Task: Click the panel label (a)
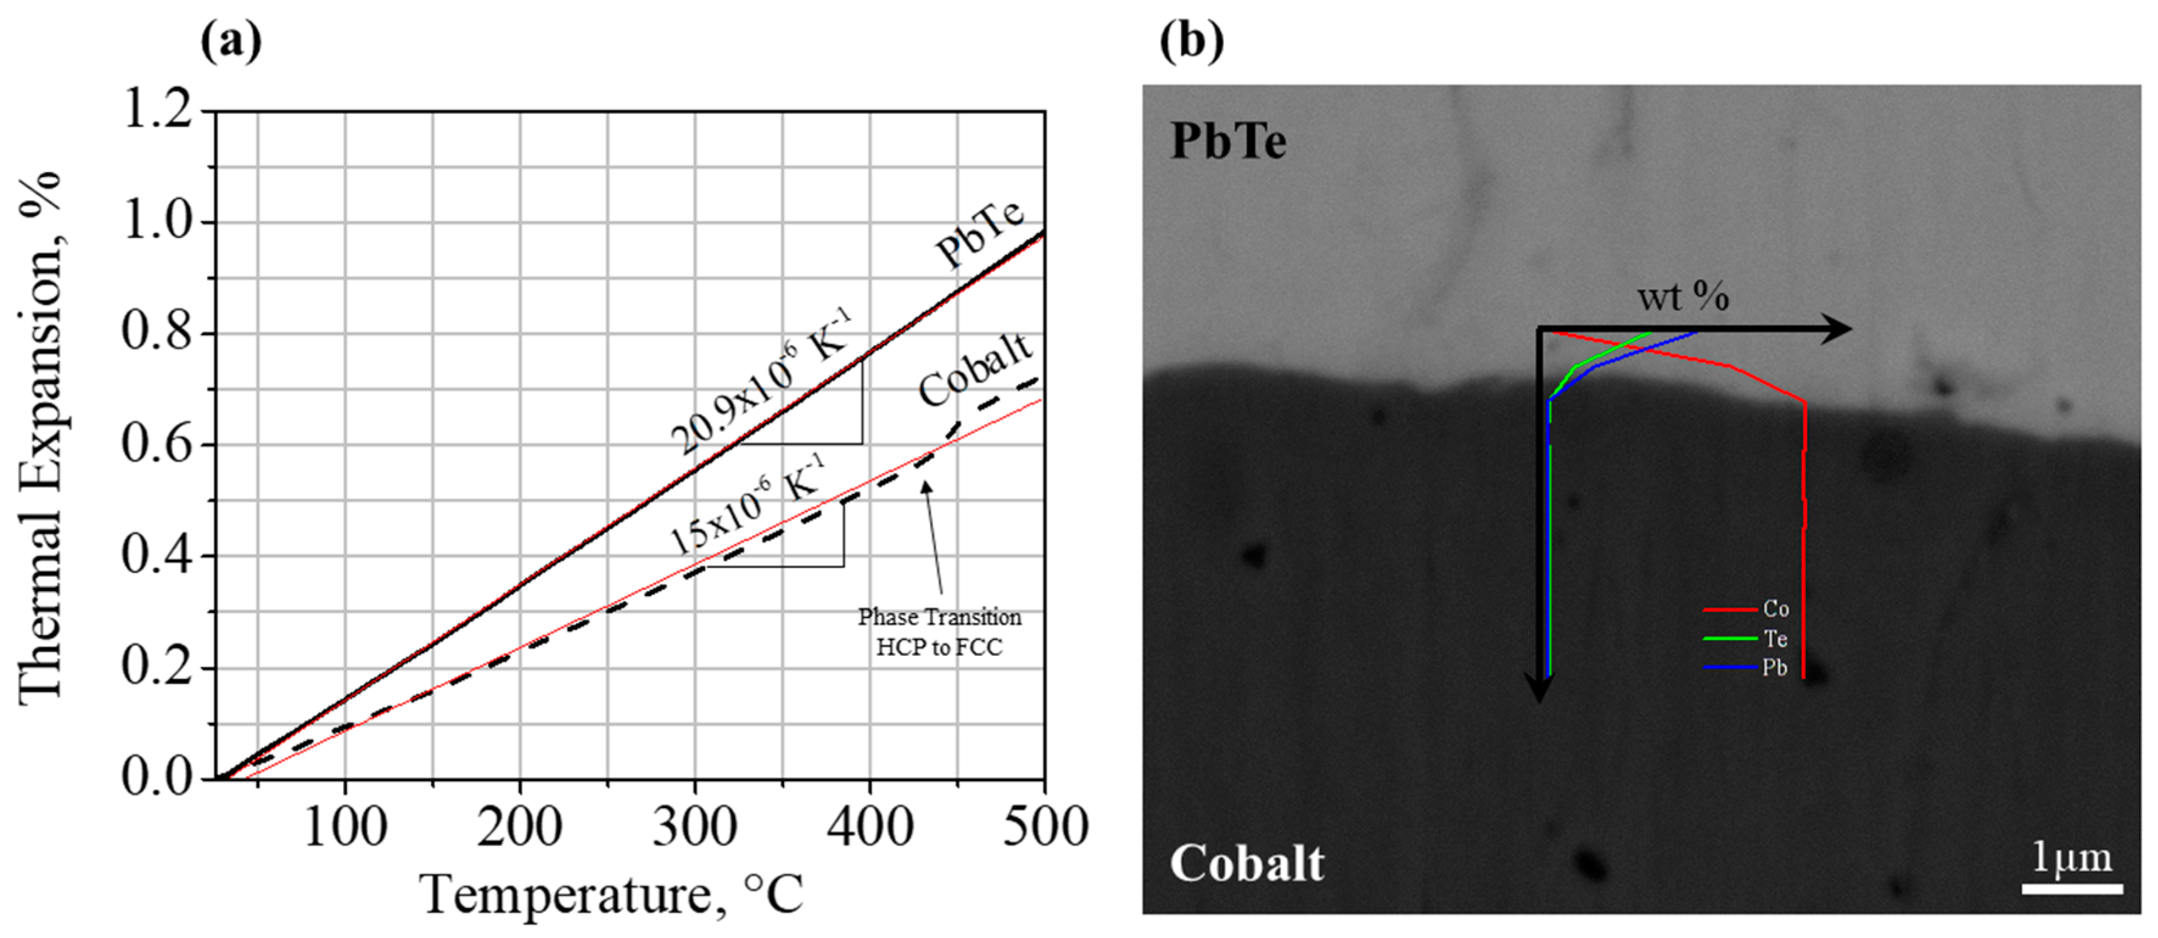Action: (231, 40)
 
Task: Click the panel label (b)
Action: (1190, 40)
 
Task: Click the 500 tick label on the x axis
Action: (1045, 827)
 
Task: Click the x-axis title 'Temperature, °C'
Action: (612, 894)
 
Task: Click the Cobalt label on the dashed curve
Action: (974, 369)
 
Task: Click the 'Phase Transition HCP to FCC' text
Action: (939, 632)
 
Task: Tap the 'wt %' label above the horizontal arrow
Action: (1683, 296)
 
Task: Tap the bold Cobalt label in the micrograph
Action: (1246, 863)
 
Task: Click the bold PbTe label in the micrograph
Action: (1228, 141)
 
